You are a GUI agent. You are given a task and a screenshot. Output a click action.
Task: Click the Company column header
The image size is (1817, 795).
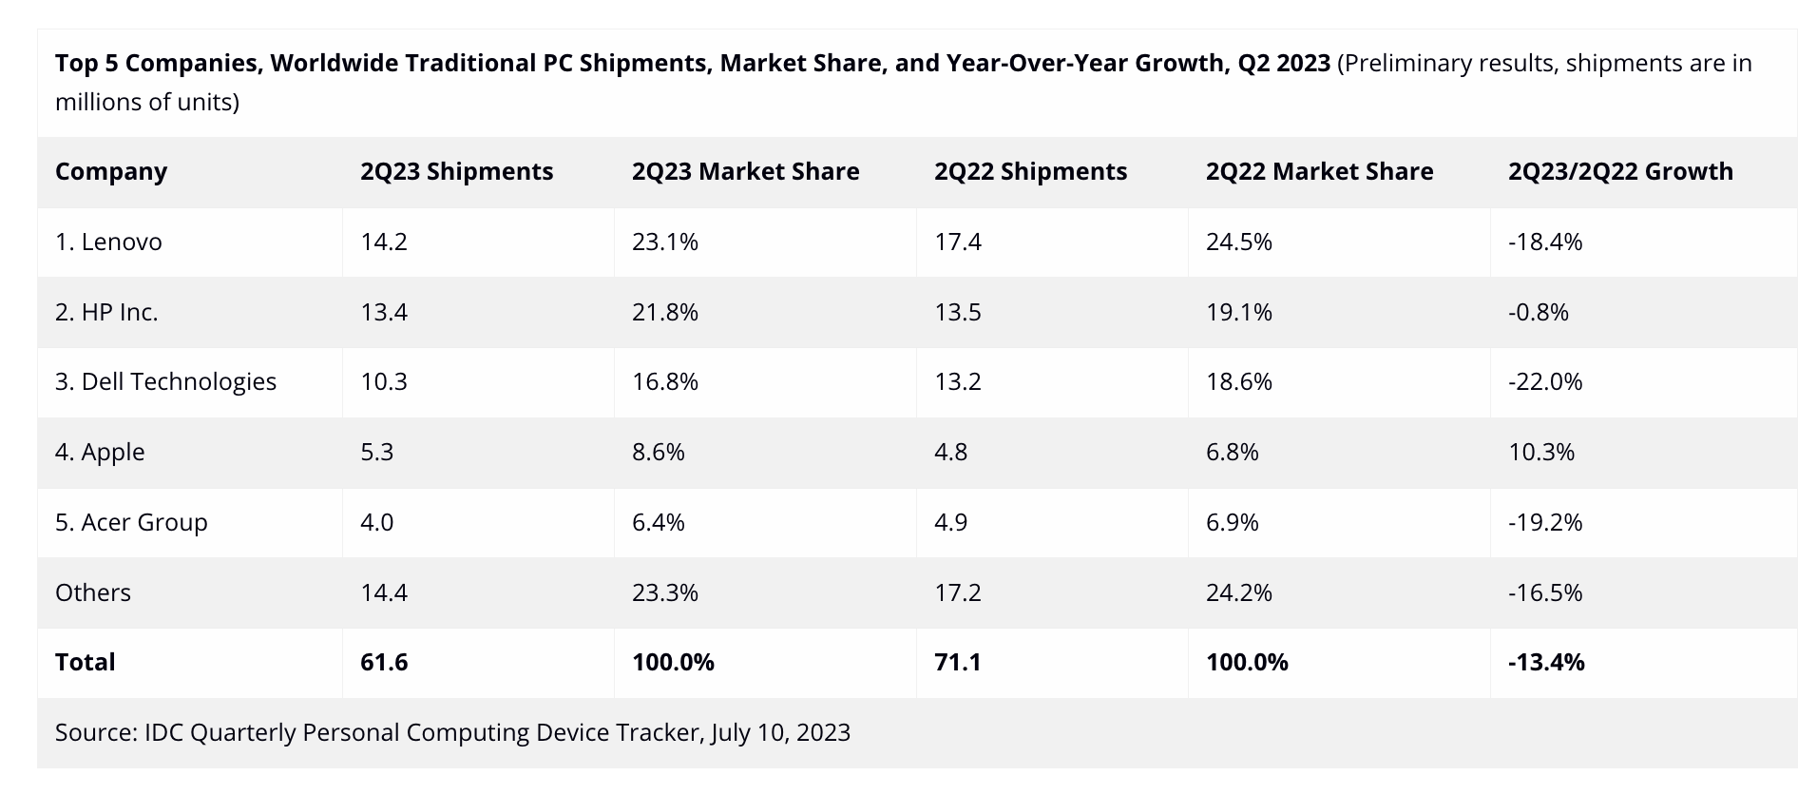(x=111, y=171)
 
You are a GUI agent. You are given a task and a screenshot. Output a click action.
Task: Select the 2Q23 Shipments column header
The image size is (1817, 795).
(x=456, y=171)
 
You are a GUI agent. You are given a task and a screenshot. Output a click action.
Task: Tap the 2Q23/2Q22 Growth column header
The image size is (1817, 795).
(x=1620, y=171)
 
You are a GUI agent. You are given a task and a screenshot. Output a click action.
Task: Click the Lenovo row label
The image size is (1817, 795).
(x=108, y=242)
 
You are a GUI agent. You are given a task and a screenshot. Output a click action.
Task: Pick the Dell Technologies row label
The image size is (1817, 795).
(x=165, y=381)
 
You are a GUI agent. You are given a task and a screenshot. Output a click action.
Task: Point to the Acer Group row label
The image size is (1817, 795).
(x=131, y=522)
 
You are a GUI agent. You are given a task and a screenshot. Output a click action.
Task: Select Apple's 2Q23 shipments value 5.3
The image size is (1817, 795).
(x=377, y=452)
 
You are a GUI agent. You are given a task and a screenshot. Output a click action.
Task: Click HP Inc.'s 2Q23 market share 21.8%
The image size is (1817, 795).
(x=665, y=312)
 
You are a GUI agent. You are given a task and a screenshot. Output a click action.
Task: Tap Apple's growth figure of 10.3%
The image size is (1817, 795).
(x=1541, y=452)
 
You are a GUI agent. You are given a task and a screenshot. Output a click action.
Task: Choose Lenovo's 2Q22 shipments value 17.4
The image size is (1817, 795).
(x=958, y=242)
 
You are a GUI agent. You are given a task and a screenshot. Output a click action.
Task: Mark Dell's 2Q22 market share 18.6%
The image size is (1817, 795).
(x=1239, y=381)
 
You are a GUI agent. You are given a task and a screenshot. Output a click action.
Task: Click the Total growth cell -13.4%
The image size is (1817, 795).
(x=1546, y=662)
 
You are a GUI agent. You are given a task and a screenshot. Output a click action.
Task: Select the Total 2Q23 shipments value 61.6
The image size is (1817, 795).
(x=384, y=662)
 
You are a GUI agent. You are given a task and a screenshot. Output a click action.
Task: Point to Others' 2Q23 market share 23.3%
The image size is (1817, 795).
(x=665, y=592)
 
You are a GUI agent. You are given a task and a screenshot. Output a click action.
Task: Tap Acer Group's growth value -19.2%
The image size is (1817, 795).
(x=1545, y=522)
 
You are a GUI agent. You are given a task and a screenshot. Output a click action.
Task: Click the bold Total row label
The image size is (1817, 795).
(x=86, y=662)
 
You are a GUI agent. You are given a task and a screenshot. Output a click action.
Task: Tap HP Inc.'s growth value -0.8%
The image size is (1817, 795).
(x=1539, y=312)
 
